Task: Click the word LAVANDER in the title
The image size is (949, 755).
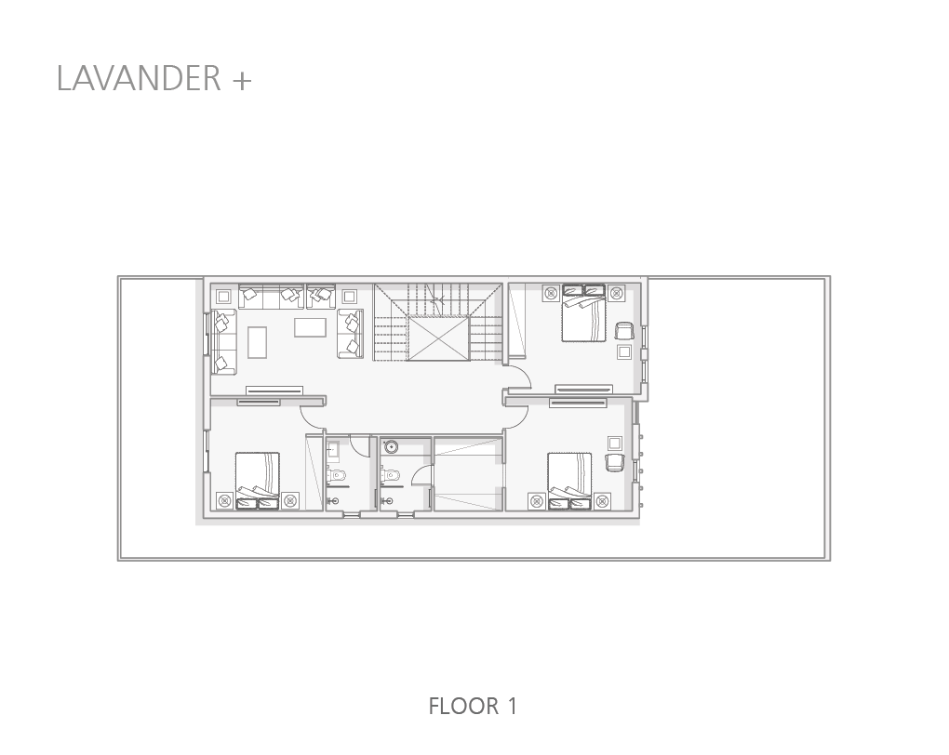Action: [140, 78]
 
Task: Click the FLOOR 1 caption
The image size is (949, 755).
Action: [473, 706]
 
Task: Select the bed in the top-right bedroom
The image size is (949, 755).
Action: [583, 312]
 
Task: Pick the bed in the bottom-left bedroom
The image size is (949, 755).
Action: [257, 481]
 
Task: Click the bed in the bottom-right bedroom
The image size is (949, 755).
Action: [569, 481]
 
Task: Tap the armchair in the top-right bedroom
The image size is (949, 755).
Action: [624, 331]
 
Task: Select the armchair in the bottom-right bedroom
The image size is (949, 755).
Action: [615, 461]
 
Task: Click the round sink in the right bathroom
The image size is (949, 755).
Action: [392, 447]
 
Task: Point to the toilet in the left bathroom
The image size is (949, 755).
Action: [335, 475]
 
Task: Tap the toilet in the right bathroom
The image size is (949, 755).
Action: [390, 475]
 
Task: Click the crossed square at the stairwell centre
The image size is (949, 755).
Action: [438, 338]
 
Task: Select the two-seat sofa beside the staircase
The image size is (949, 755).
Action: [351, 334]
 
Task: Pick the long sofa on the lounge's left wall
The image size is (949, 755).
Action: [223, 342]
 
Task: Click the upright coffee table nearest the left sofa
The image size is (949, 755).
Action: [257, 342]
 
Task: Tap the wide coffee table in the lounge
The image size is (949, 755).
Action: [311, 327]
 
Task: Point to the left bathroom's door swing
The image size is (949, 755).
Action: [361, 445]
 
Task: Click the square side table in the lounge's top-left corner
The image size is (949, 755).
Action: [223, 297]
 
